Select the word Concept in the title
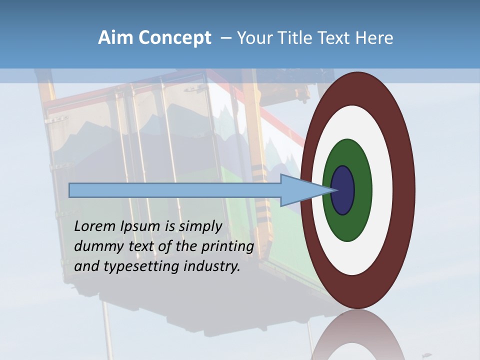click(174, 37)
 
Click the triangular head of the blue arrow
click(300, 190)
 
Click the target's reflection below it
click(357, 335)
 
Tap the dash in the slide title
click(225, 38)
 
